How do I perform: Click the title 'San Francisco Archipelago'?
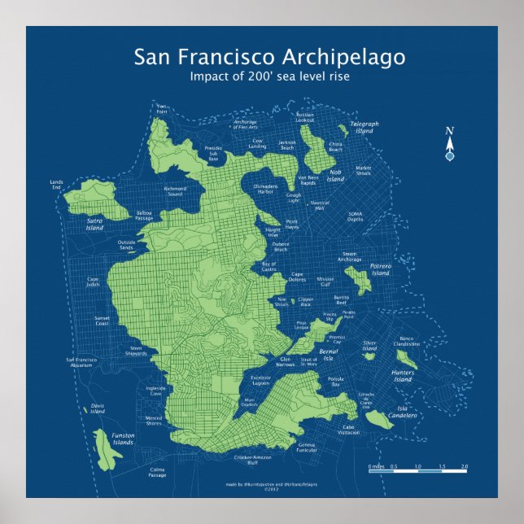(x=269, y=57)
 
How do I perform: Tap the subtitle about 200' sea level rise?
(x=269, y=76)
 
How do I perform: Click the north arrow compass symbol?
(x=449, y=145)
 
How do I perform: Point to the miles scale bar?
(x=417, y=471)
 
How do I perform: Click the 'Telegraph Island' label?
(x=365, y=127)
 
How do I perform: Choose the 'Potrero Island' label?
(x=381, y=269)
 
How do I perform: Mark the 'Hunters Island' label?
(x=403, y=376)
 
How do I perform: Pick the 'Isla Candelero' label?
(x=407, y=412)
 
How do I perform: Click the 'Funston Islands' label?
(x=123, y=439)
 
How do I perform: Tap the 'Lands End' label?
(x=56, y=185)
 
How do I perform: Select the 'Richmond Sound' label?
(x=175, y=192)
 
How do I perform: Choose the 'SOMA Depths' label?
(x=356, y=216)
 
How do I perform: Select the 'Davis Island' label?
(x=97, y=408)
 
